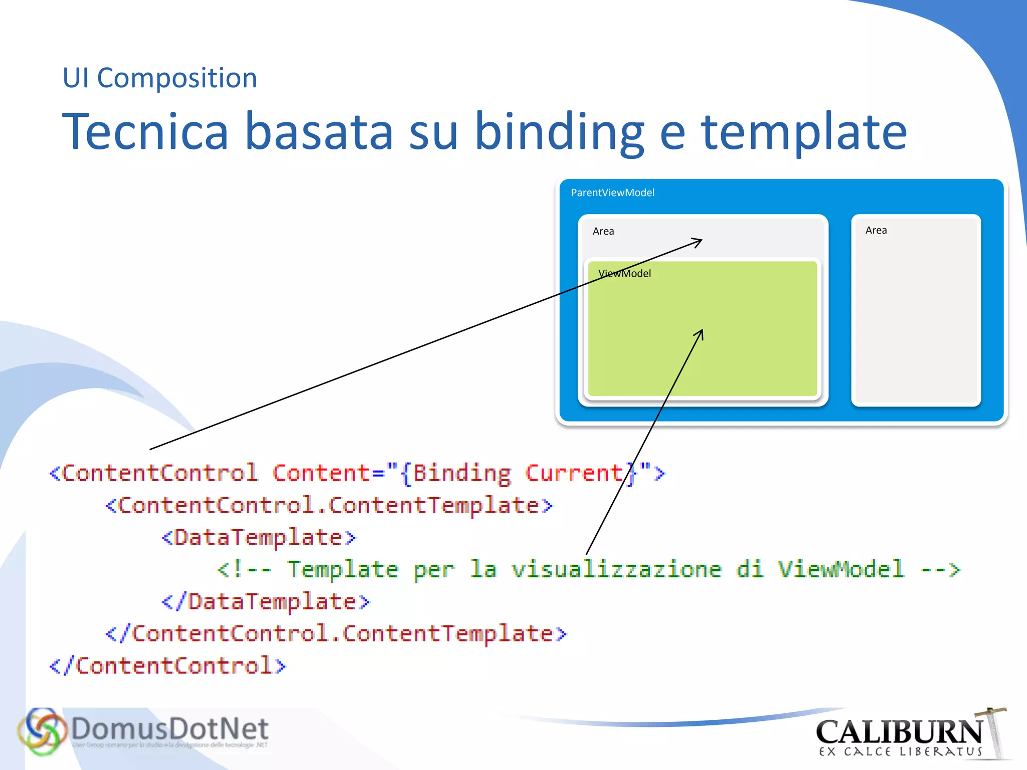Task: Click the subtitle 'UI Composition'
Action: (159, 78)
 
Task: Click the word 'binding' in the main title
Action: (559, 131)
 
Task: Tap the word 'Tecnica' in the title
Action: (145, 131)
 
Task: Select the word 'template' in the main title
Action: (803, 131)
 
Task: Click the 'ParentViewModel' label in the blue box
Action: (612, 192)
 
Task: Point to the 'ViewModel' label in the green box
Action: (624, 274)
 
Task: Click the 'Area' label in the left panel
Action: (603, 231)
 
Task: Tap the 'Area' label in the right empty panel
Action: (876, 230)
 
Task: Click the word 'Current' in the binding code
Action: (574, 473)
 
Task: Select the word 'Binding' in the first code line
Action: (461, 473)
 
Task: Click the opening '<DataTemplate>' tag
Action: (259, 537)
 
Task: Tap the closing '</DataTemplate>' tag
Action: (266, 602)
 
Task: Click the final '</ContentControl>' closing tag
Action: (167, 666)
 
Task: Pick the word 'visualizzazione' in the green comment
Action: (616, 569)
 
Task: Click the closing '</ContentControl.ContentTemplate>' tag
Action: (336, 634)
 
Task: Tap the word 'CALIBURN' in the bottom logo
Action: (899, 732)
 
